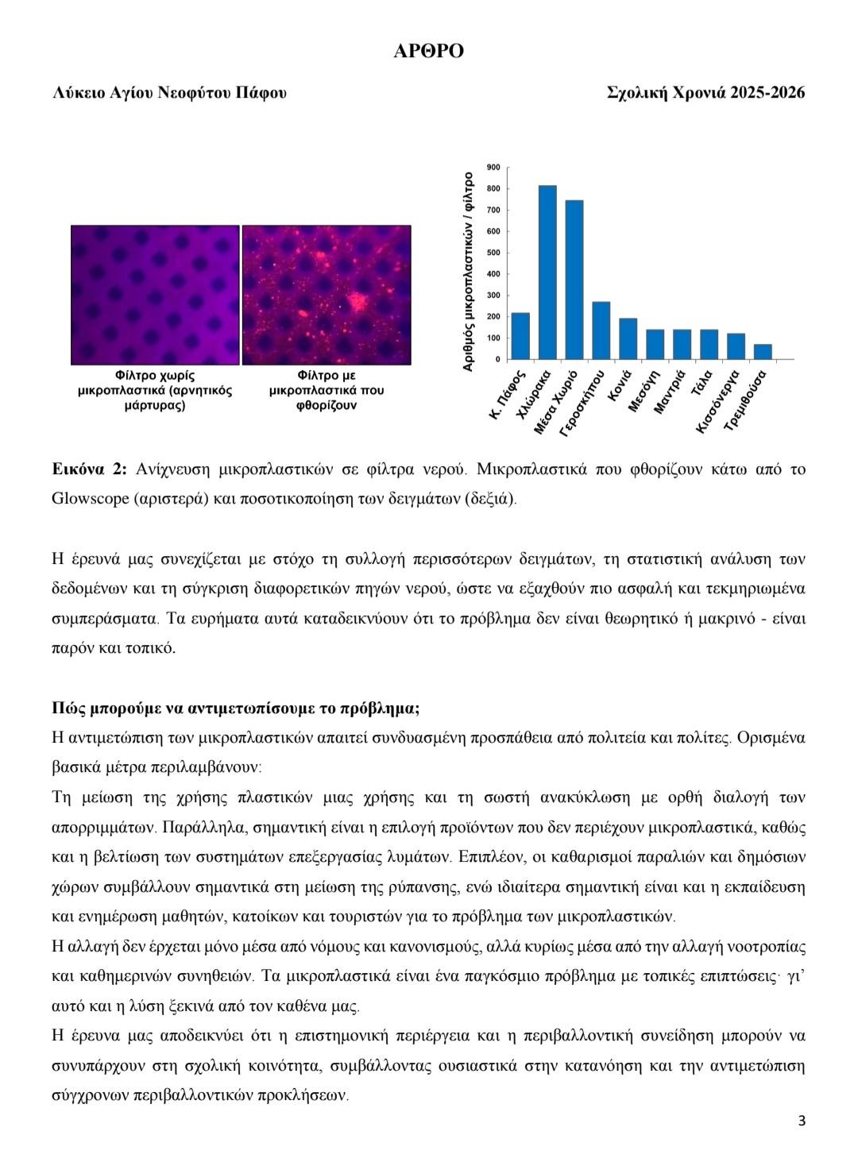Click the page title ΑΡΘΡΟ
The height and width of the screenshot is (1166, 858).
coord(428,52)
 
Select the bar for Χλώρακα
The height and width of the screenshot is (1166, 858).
coord(547,272)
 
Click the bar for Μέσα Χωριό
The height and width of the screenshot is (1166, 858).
coord(574,280)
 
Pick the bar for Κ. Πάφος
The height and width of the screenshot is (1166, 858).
coord(520,336)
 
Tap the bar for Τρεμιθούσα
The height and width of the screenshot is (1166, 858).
coord(763,352)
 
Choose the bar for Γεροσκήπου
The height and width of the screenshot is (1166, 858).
coord(601,330)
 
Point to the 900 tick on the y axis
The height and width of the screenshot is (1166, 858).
coord(493,168)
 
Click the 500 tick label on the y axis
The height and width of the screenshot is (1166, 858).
coord(493,253)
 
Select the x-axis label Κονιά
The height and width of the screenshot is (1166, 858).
coord(620,386)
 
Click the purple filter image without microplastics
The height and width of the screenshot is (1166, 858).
coord(155,295)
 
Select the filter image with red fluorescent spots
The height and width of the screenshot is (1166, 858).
coord(327,295)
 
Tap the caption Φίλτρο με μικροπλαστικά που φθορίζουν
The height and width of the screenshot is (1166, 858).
coord(327,390)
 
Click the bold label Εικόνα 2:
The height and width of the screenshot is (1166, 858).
coord(89,469)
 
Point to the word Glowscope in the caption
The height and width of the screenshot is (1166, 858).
coord(86,499)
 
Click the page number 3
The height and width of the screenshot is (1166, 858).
coord(802,1122)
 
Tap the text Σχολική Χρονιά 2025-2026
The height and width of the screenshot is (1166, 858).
coord(705,93)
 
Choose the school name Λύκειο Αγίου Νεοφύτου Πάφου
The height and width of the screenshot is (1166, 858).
coord(169,93)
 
